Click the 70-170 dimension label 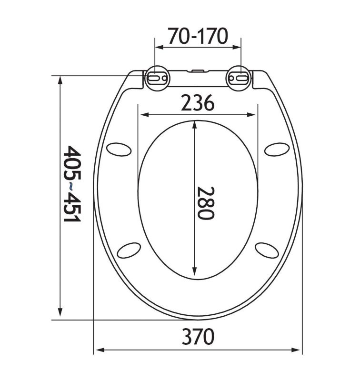point(198,36)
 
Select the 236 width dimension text point(198,102)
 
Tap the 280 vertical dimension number point(206,203)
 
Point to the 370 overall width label point(198,336)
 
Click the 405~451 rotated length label point(71,184)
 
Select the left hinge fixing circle point(157,78)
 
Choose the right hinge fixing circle point(239,78)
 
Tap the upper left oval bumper point(119,149)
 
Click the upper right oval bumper point(277,149)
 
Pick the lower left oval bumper point(129,251)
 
